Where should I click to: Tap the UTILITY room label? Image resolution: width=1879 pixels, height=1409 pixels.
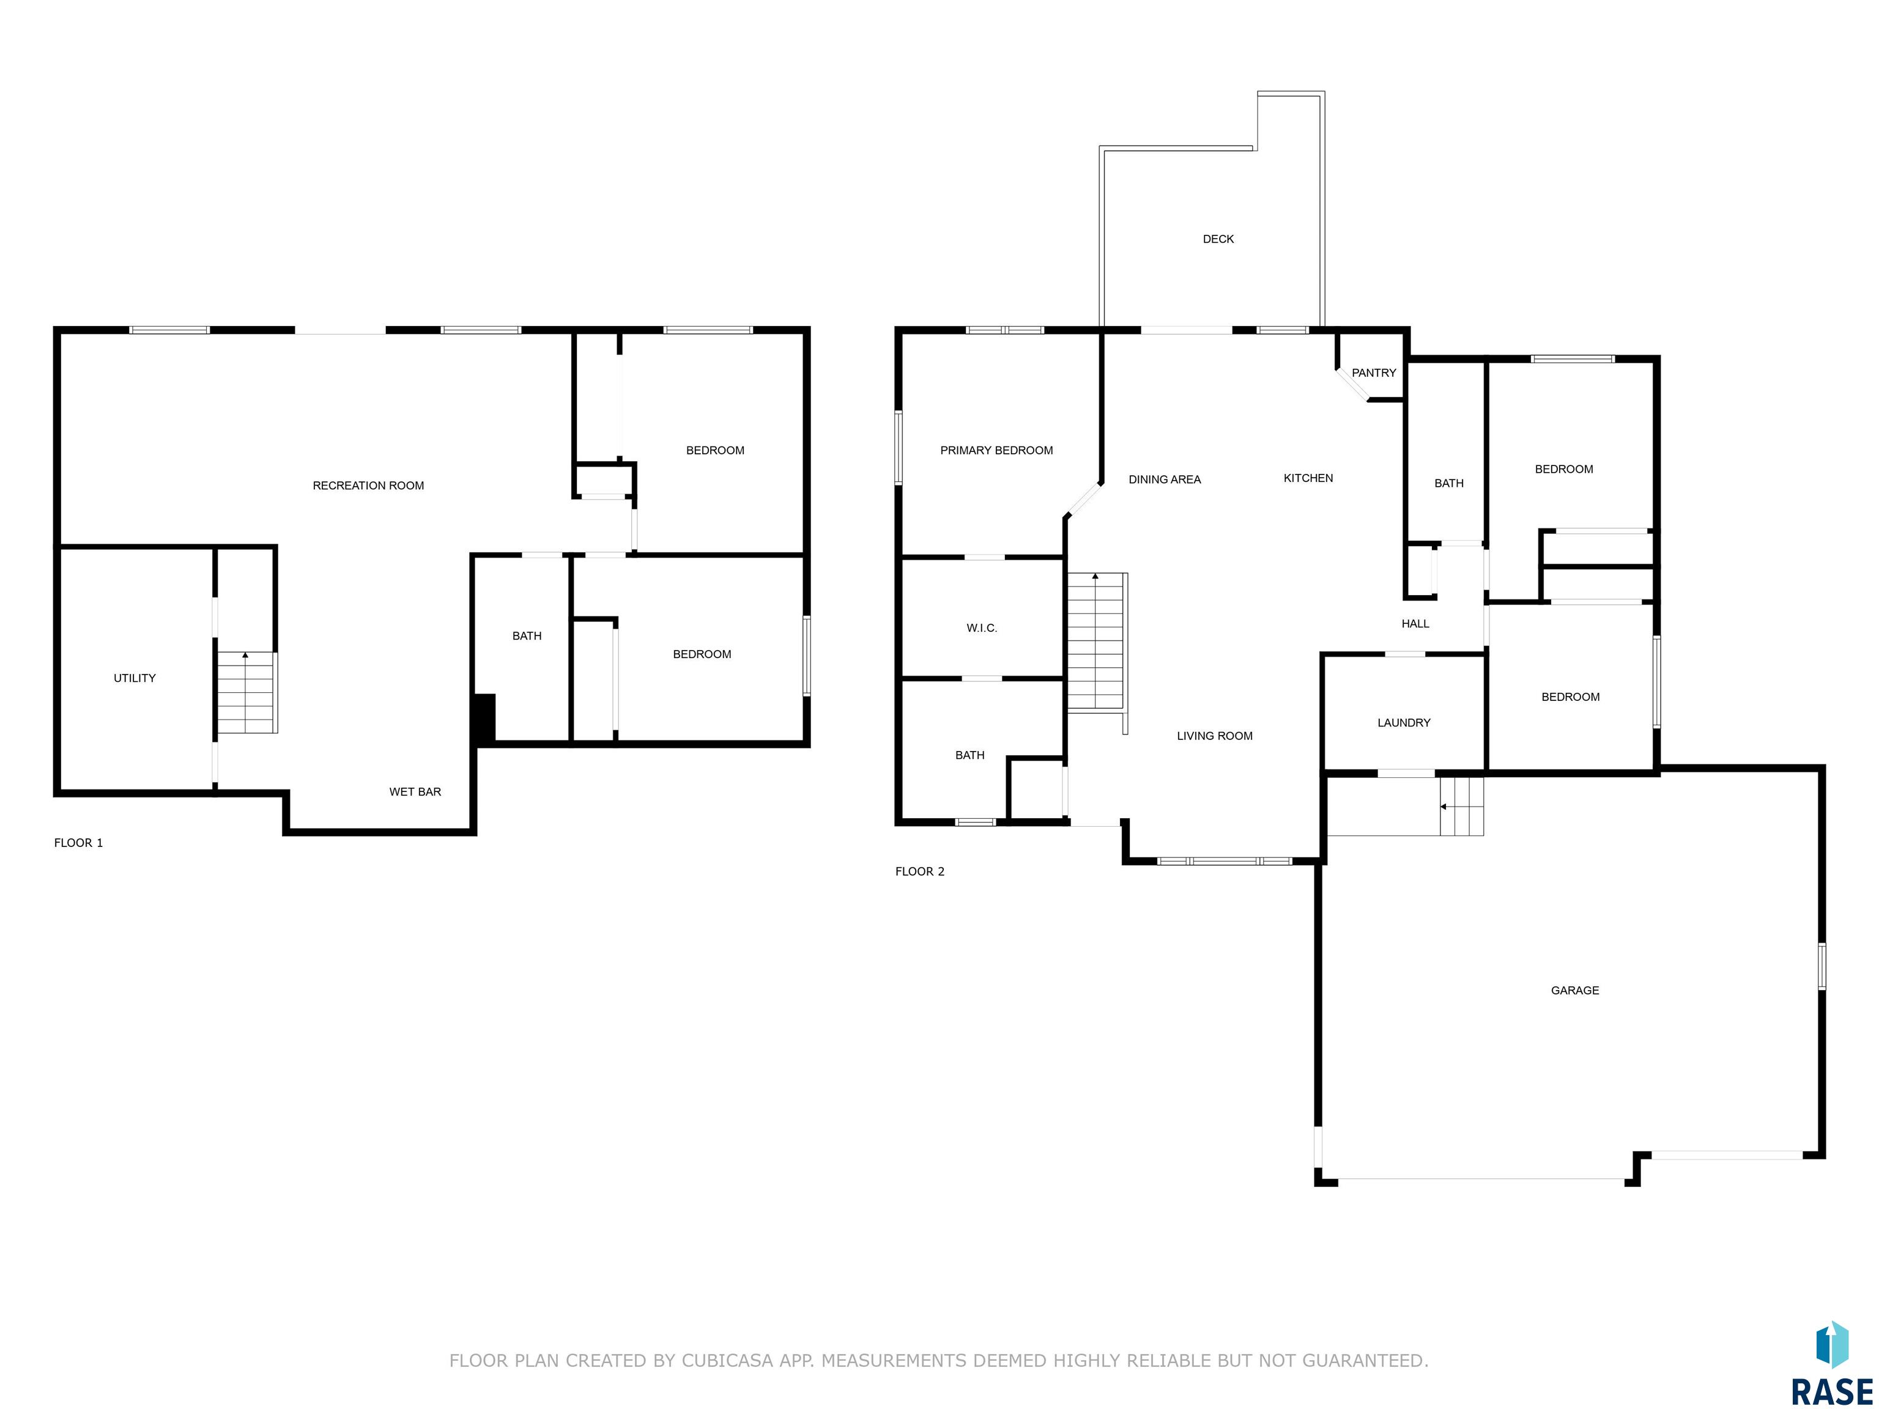tap(135, 678)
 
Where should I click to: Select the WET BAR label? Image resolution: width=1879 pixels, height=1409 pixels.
tap(415, 791)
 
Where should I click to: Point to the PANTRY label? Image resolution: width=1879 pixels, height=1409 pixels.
tap(1374, 373)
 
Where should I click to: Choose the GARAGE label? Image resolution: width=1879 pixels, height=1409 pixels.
tap(1575, 990)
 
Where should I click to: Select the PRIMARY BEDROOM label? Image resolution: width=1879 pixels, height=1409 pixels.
tap(996, 451)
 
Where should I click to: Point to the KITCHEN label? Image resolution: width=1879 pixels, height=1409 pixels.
tap(1308, 478)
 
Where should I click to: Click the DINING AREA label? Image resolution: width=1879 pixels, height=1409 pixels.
tap(1165, 480)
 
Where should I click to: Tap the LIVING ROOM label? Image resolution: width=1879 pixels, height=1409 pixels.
tap(1215, 736)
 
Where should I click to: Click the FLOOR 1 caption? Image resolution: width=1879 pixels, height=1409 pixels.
tap(78, 843)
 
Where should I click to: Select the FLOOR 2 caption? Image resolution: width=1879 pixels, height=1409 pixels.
tap(920, 871)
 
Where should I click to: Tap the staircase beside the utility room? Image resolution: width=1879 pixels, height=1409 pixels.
tap(247, 692)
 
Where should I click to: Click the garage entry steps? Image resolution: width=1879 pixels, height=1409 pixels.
tap(1462, 806)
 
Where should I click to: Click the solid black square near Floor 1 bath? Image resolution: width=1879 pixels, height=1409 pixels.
tap(484, 719)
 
